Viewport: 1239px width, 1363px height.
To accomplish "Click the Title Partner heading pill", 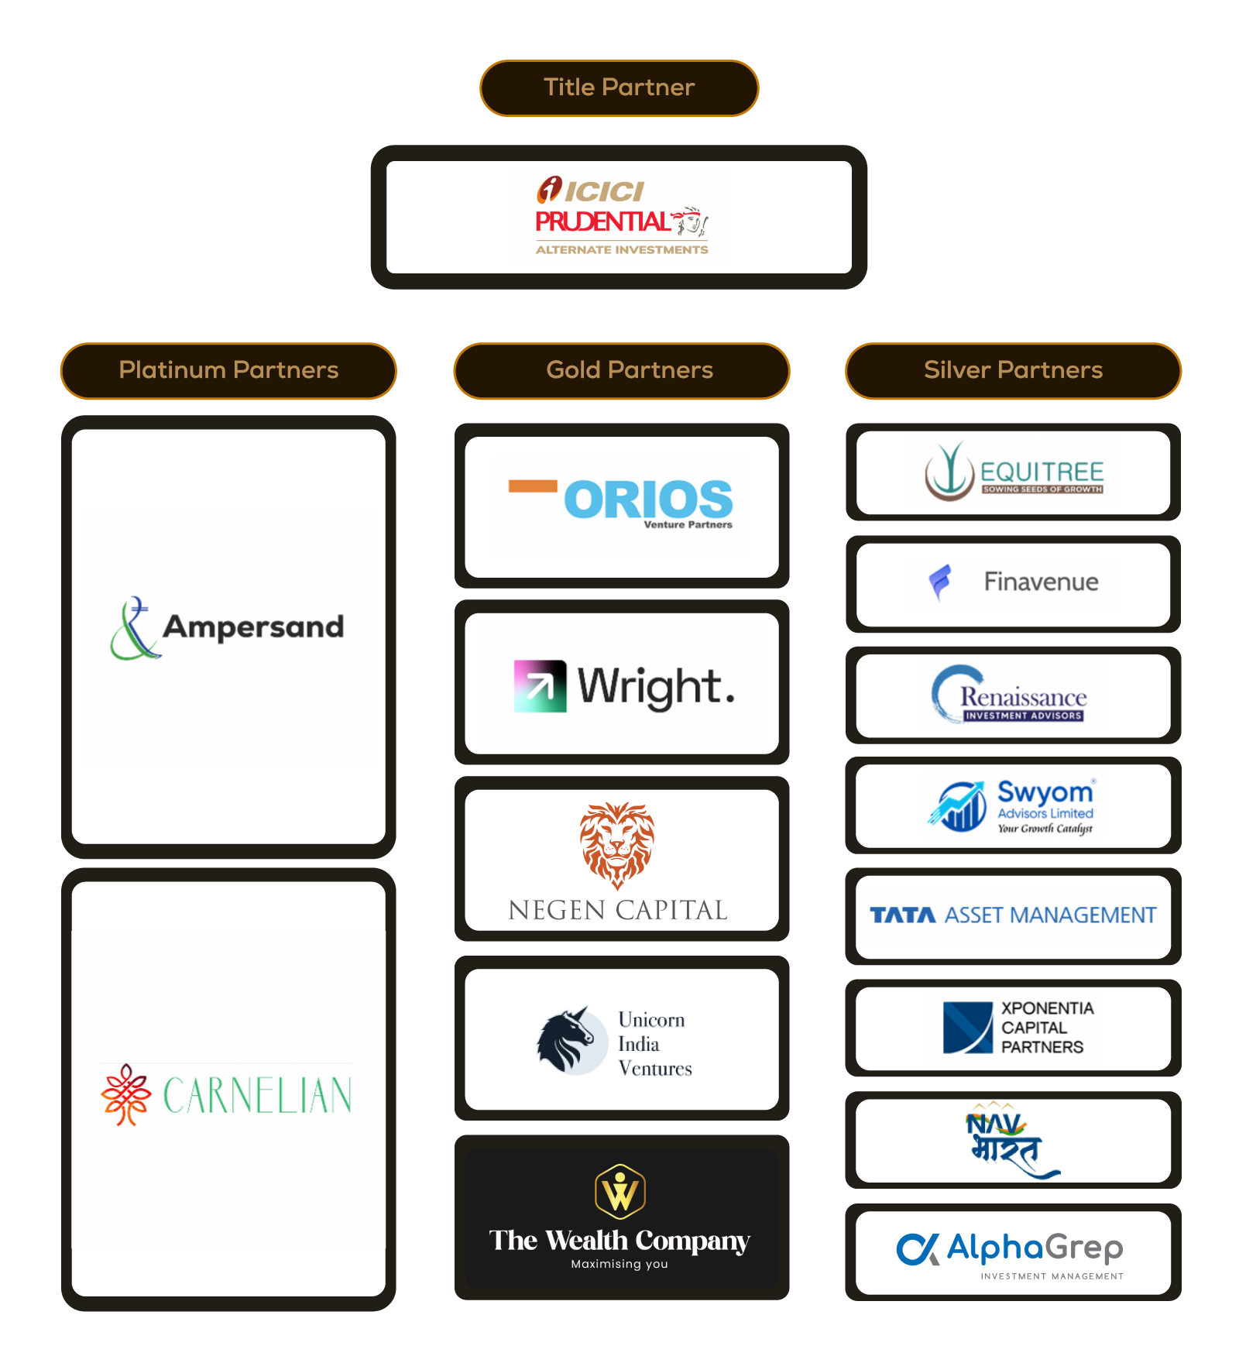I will click(619, 88).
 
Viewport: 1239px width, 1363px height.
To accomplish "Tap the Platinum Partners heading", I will click(228, 370).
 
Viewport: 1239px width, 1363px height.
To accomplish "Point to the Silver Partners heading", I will click(1013, 370).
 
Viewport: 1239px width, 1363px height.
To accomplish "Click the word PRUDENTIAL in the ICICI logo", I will click(602, 222).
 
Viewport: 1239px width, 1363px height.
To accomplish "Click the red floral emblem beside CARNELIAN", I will click(126, 1093).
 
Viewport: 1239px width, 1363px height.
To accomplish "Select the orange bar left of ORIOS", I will click(533, 486).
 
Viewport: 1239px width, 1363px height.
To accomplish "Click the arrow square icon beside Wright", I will click(540, 685).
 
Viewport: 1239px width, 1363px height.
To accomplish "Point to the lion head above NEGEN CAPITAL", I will click(617, 844).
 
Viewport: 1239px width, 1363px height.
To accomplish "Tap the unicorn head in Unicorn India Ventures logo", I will click(569, 1040).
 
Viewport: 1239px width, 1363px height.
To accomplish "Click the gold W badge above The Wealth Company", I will click(619, 1190).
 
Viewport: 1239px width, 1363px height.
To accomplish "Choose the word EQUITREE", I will click(1042, 471).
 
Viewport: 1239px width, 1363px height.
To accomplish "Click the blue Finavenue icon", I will click(941, 582).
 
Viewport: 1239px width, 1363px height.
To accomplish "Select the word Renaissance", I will click(1023, 697).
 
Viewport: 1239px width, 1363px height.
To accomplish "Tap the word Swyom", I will click(1045, 792).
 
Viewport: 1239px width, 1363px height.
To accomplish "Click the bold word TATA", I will click(903, 915).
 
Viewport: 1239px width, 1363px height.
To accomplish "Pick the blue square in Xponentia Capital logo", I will click(967, 1028).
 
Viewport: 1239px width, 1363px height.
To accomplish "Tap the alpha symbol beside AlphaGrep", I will click(918, 1248).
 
